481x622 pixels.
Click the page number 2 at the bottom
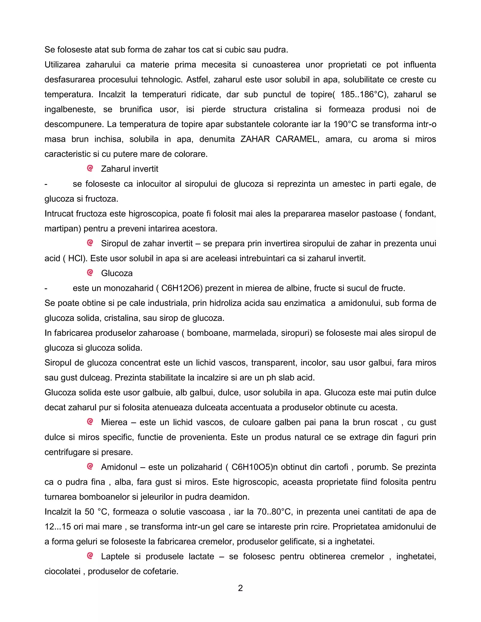(240, 588)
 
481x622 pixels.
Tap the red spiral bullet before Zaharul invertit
(90, 169)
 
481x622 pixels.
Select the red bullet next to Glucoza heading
(90, 273)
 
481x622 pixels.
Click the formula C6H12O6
(180, 288)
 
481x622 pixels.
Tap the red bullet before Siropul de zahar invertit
(90, 243)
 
